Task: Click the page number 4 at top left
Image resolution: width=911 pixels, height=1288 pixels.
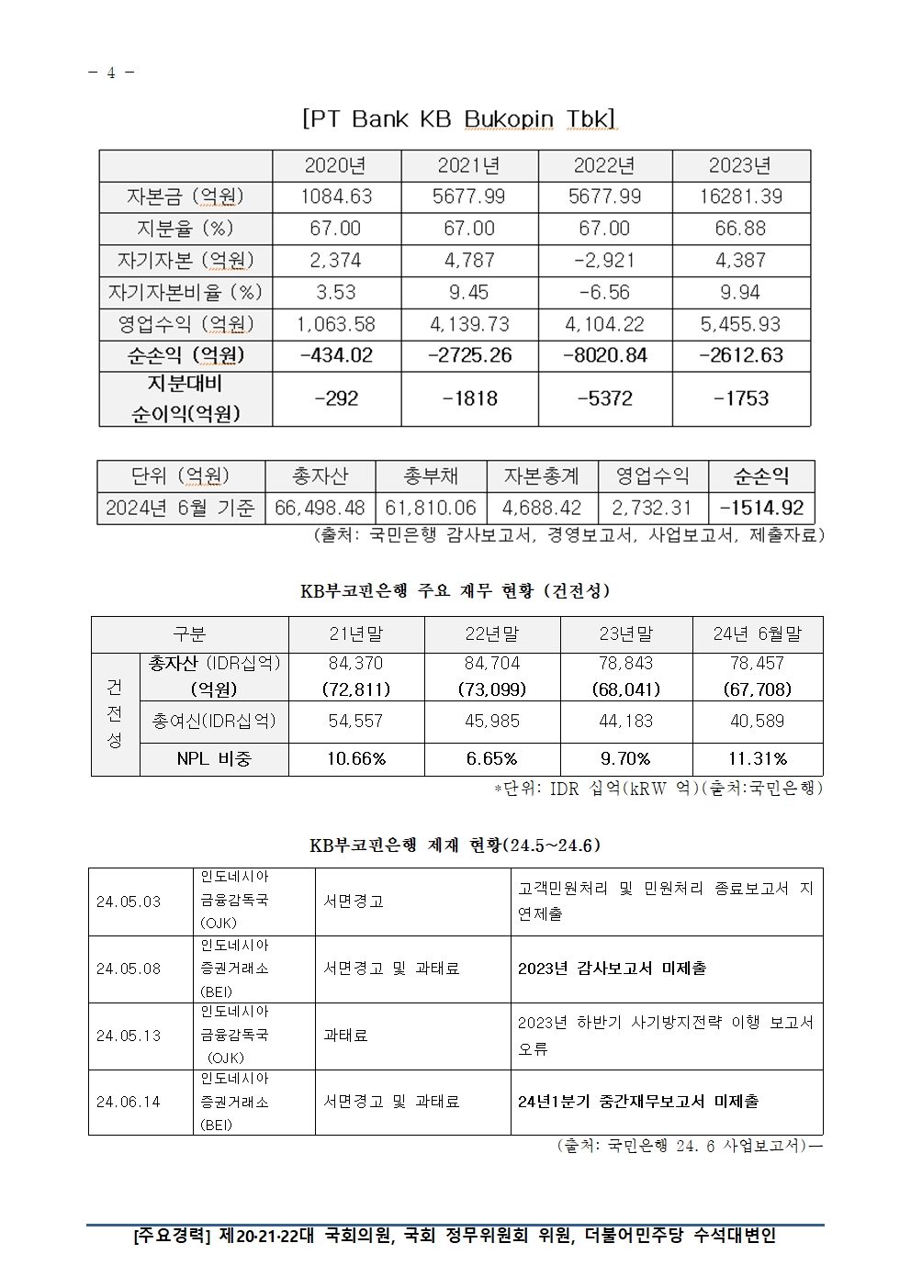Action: point(111,73)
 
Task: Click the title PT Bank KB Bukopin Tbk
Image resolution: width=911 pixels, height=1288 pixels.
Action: point(458,118)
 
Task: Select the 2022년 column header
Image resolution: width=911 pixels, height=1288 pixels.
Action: point(604,165)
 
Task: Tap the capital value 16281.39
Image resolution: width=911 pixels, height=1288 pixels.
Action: point(740,196)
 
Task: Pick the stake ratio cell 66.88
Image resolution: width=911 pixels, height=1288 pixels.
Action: point(740,229)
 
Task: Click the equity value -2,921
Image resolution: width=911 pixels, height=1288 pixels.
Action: point(604,261)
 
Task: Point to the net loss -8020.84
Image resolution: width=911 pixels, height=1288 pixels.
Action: point(604,355)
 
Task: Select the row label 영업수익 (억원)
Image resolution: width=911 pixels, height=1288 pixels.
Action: point(186,324)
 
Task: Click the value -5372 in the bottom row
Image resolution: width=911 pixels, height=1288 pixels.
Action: point(604,398)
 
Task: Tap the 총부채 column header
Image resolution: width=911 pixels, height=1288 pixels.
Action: point(431,476)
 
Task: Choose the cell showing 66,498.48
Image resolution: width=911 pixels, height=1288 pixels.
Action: point(320,508)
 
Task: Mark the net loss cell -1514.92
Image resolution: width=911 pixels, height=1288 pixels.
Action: point(761,508)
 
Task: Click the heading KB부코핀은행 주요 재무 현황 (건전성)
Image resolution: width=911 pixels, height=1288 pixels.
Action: point(455,590)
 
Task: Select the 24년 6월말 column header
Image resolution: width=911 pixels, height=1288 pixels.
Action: point(757,634)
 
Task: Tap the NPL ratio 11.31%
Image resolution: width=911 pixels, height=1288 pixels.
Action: point(757,759)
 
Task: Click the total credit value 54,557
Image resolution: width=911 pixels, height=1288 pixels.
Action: point(355,722)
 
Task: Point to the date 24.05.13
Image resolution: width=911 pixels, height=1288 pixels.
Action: point(129,1036)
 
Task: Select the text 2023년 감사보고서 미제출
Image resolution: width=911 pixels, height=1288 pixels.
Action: point(612,969)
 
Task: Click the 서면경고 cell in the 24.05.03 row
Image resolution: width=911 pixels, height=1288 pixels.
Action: point(354,902)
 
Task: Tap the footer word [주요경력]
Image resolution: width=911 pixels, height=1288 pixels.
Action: point(172,1236)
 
